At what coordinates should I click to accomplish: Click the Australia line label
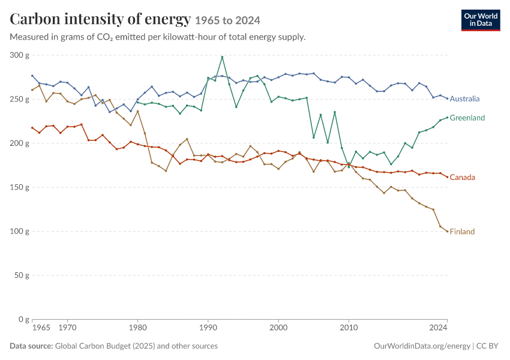coord(464,98)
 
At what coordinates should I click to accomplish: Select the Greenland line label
coord(467,118)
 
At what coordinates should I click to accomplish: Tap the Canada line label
coord(462,177)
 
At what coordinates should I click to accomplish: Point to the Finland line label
coord(462,232)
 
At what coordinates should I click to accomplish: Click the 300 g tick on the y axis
coord(19,55)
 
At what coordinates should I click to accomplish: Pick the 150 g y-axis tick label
coord(19,187)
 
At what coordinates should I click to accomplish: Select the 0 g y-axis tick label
coord(23,319)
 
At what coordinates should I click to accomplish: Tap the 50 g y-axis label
coord(22,275)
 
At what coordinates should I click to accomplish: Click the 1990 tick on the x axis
coord(208,328)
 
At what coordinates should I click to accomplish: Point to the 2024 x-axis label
coord(438,328)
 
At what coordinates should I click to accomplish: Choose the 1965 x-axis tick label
coord(41,328)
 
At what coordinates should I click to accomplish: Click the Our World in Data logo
coord(481,20)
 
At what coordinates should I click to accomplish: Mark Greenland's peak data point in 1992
coord(222,57)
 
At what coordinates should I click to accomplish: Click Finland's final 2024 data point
coord(447,232)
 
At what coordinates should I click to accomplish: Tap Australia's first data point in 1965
coord(32,76)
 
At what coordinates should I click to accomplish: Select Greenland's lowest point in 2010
coord(349,167)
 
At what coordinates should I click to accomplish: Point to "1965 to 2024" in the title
coord(227,20)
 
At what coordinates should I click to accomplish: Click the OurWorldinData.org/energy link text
coord(422,346)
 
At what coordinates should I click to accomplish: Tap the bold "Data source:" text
coord(31,346)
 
